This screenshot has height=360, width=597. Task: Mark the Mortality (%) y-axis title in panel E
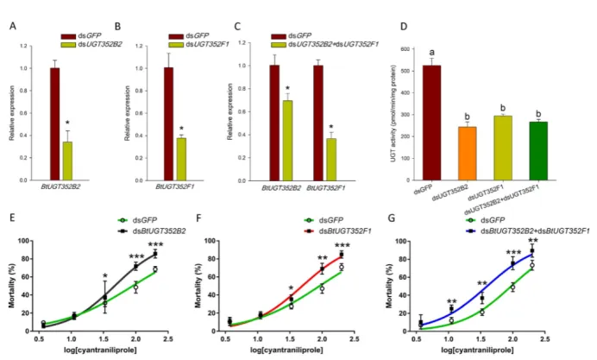coord(10,286)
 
